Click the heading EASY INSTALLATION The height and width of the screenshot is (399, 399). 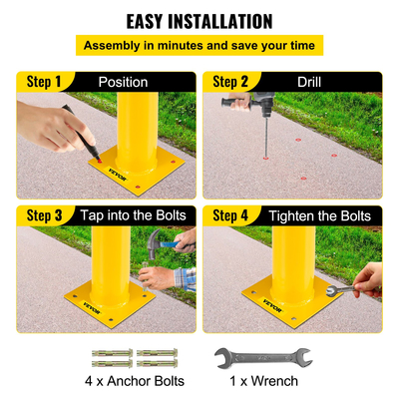point(199,20)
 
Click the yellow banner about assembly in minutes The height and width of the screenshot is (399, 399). point(199,45)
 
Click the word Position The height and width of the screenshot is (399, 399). point(124,82)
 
